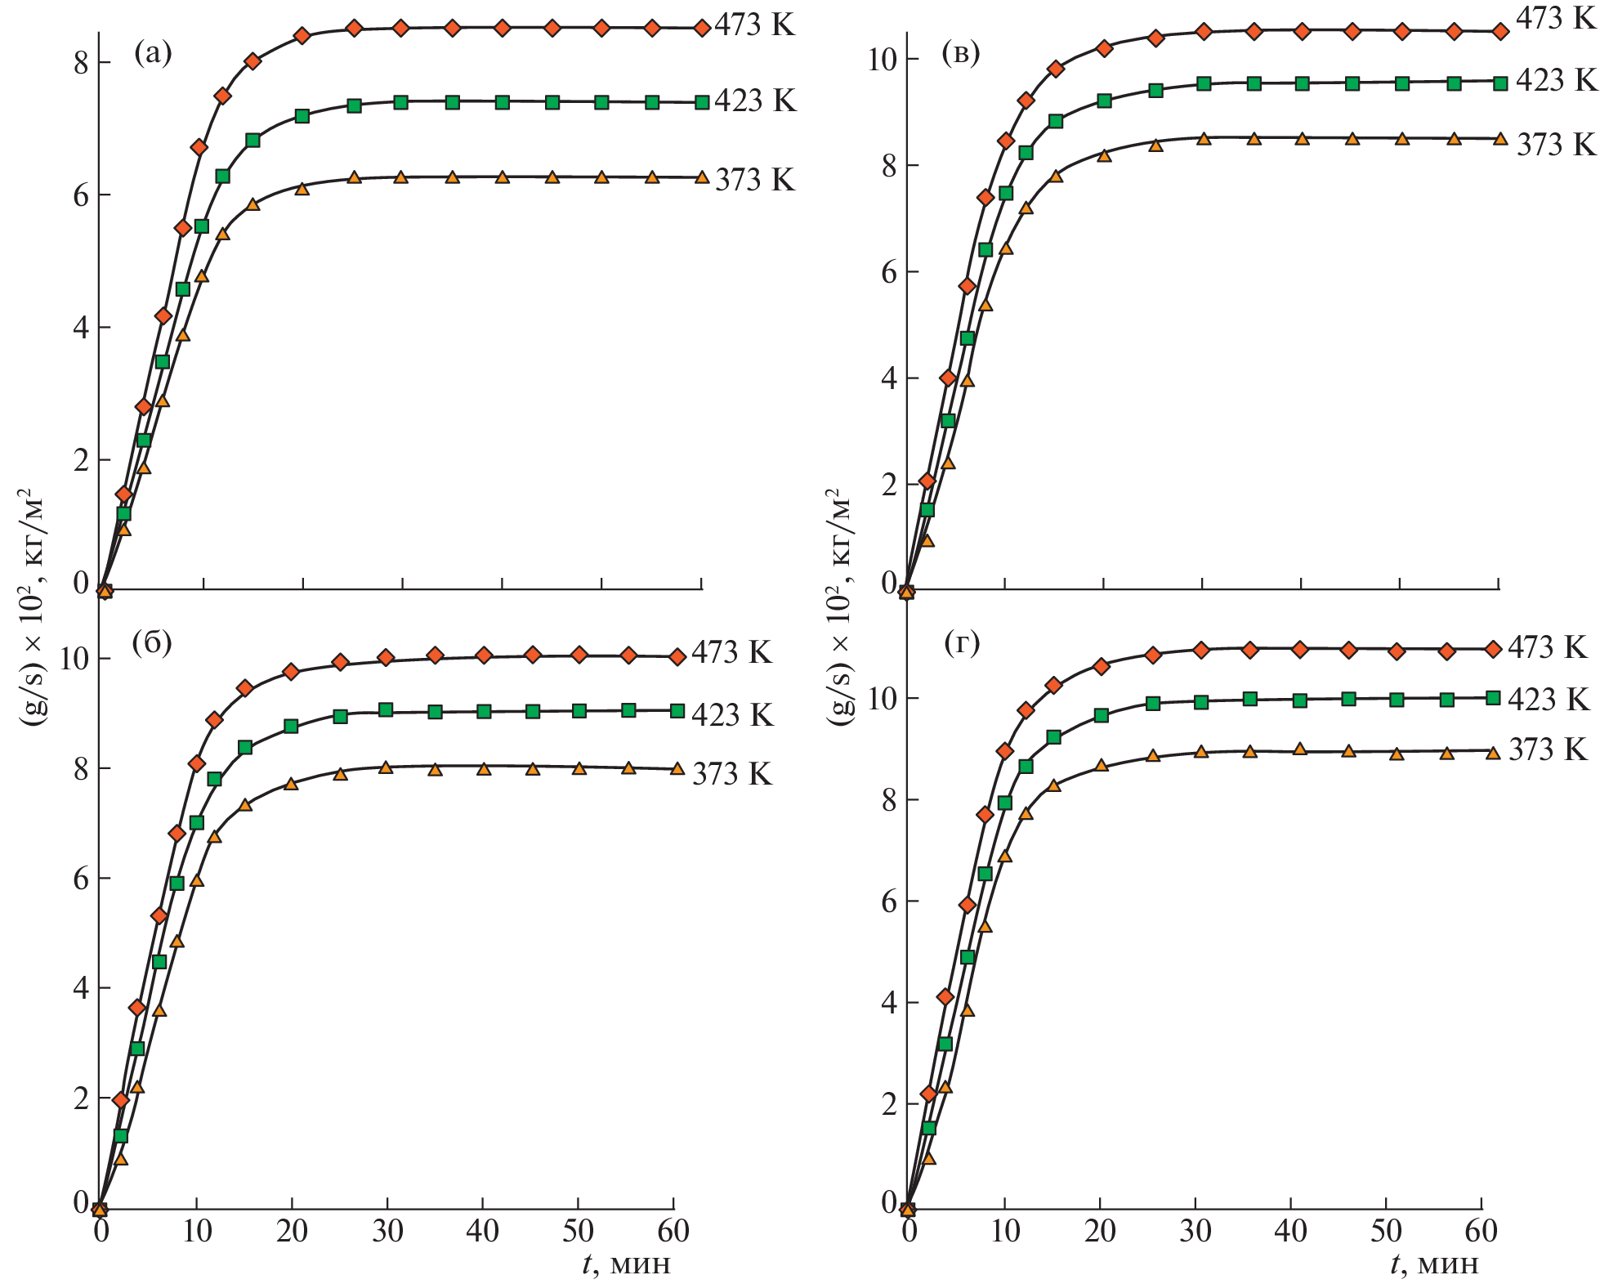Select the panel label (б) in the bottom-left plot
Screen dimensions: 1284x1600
pyautogui.click(x=152, y=643)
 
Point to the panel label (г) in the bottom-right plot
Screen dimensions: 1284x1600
pyautogui.click(x=962, y=644)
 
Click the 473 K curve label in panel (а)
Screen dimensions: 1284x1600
pyautogui.click(x=754, y=25)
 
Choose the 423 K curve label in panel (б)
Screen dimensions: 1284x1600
pyautogui.click(x=732, y=715)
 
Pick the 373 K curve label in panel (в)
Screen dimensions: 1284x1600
pyautogui.click(x=1556, y=145)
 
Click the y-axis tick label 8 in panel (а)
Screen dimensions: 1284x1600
pyautogui.click(x=81, y=63)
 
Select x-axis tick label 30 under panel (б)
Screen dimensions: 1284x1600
pyautogui.click(x=387, y=1232)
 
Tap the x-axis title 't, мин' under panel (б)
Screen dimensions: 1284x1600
pyautogui.click(x=626, y=1264)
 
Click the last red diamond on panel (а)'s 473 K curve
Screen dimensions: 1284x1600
pyautogui.click(x=701, y=29)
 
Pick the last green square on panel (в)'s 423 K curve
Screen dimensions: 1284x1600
pyautogui.click(x=1500, y=83)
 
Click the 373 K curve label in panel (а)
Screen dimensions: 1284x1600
pyautogui.click(x=754, y=180)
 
